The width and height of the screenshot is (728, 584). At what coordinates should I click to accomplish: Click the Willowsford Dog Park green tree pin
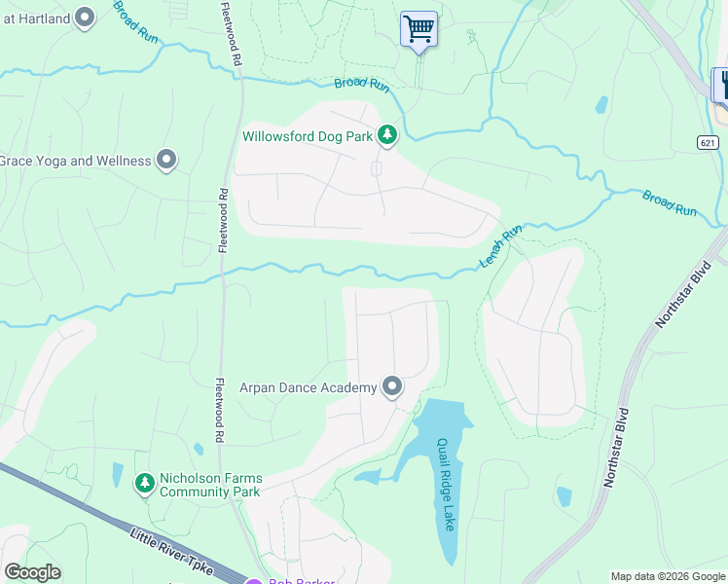coord(387,135)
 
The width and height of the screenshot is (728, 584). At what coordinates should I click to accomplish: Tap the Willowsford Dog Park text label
coord(308,137)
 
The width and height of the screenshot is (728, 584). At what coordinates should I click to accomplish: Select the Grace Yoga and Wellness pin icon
coord(166,160)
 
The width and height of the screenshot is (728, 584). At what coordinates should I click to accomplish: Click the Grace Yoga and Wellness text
coord(75,161)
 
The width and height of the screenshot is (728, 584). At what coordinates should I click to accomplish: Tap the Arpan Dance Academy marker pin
coord(392,387)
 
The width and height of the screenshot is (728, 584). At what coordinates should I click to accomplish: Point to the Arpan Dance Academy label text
coord(308,388)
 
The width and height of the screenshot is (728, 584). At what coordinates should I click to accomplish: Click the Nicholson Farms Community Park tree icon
coord(145,483)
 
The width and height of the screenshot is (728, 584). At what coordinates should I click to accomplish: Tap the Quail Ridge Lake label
coord(445,484)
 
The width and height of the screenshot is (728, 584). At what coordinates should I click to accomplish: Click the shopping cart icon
coord(419,29)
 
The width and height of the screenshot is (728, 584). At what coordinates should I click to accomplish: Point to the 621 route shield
coord(709,142)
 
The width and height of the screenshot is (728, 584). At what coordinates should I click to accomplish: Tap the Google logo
coord(32,572)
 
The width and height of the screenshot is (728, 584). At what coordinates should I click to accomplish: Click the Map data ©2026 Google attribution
coord(668,576)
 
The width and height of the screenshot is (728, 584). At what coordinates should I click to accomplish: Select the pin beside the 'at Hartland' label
coord(85,17)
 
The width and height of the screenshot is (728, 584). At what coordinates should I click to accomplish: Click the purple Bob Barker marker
coord(254,581)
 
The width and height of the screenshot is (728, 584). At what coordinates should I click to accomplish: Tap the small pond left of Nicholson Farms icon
coord(118,475)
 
